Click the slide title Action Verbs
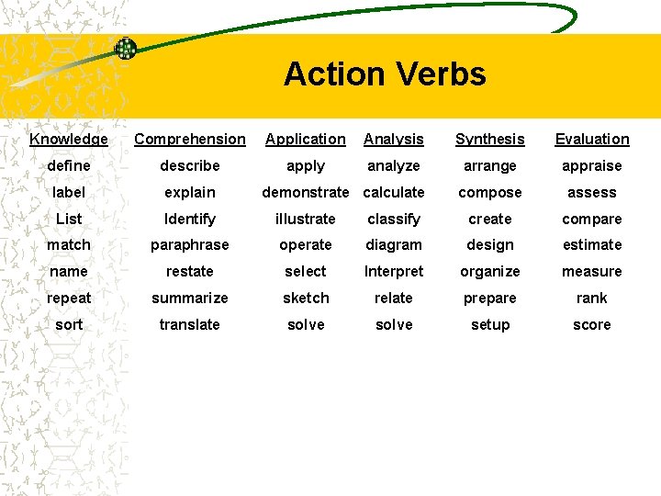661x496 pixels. click(385, 73)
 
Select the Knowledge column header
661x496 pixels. click(69, 140)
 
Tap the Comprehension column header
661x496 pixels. click(190, 140)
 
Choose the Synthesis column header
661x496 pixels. click(490, 140)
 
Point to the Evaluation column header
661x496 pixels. click(592, 140)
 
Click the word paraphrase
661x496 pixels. click(190, 245)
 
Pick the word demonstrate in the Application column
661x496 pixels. click(306, 193)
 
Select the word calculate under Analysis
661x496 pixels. click(394, 193)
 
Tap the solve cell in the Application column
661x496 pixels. click(306, 325)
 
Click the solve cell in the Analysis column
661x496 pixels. click(394, 325)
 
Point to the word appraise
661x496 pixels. click(592, 166)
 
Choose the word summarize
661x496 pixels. click(190, 299)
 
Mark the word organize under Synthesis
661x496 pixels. click(490, 272)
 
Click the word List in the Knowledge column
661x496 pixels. click(69, 220)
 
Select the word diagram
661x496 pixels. click(394, 245)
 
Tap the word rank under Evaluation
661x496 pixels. click(592, 299)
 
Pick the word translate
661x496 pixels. click(190, 325)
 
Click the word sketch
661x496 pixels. click(306, 299)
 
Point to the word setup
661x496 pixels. click(490, 325)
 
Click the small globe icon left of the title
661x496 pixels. click(126, 48)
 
